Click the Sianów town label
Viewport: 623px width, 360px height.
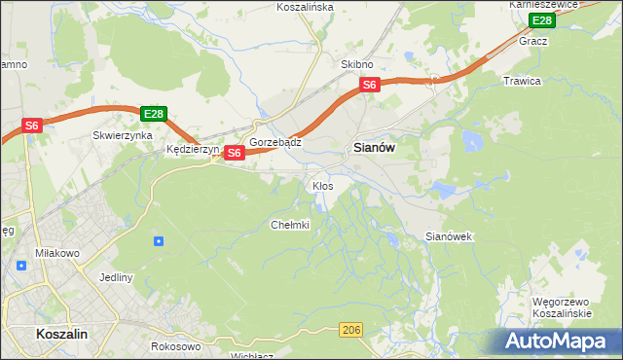[373, 148]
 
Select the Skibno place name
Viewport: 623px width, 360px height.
[357, 64]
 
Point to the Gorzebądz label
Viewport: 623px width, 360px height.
[275, 142]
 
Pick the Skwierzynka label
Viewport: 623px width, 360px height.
[122, 136]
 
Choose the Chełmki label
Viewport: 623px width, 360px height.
[289, 225]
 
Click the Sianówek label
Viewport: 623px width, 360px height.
[449, 236]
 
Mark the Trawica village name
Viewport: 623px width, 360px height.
[521, 81]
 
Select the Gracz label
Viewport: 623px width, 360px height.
[533, 42]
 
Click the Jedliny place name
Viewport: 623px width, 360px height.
[116, 277]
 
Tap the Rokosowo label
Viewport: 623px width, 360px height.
[176, 345]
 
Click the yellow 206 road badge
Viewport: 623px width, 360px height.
[352, 332]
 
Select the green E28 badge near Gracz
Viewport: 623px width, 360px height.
[540, 20]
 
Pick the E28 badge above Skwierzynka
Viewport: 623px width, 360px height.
[154, 114]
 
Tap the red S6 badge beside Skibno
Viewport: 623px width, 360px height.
[369, 86]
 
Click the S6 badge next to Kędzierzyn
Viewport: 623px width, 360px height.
[234, 153]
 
